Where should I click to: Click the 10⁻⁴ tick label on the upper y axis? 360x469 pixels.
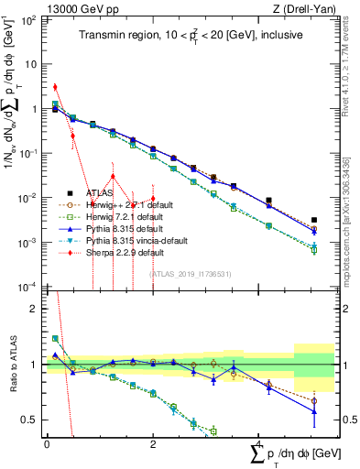coord(28,287)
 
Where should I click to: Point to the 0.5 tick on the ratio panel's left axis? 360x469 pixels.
coord(33,420)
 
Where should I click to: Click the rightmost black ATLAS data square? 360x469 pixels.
coord(314,221)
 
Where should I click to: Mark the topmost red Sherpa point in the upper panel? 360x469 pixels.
coord(55,87)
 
